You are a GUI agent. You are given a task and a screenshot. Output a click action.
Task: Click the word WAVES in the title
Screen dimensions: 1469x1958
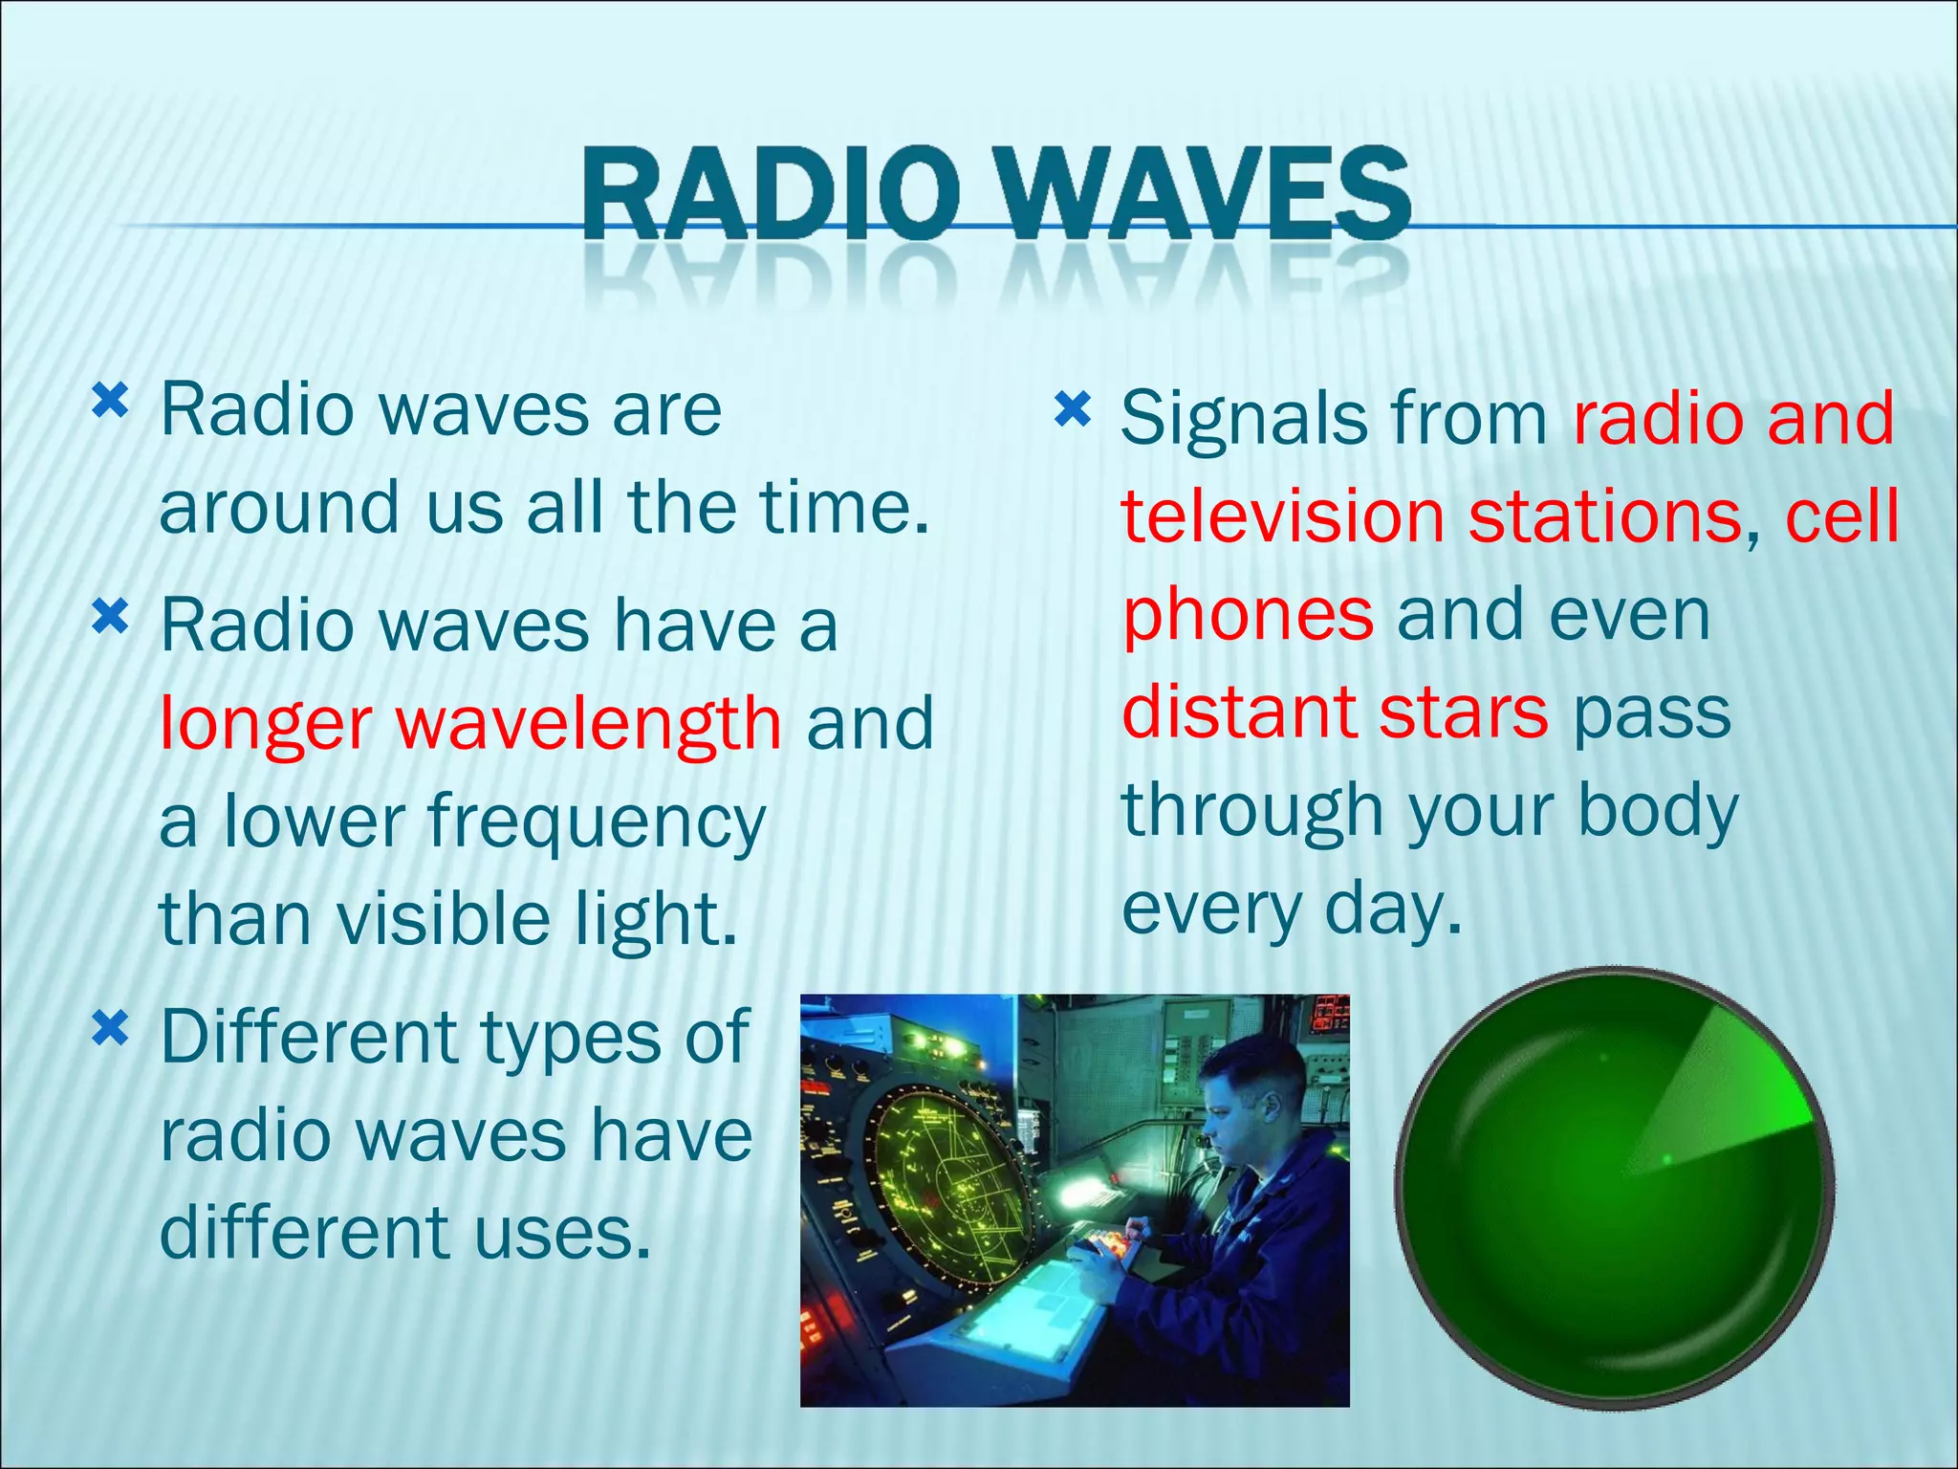1207,194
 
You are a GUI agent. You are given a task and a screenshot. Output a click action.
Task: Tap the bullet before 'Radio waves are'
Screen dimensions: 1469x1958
110,402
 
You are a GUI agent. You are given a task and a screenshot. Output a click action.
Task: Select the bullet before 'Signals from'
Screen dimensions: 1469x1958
1072,410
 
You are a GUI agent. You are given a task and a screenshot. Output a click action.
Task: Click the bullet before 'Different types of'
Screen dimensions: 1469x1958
110,1030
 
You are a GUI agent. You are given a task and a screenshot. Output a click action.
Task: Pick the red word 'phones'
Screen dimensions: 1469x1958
1248,617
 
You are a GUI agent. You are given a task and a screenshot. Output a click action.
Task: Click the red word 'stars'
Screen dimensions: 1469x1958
1464,713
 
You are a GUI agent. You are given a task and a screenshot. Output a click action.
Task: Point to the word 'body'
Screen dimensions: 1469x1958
1658,812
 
